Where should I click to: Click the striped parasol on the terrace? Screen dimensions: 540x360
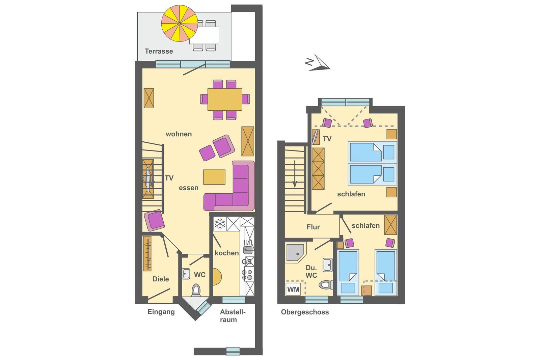tap(180, 23)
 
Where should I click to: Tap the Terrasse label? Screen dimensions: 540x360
tap(159, 51)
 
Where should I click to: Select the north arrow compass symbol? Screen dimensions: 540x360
tap(318, 63)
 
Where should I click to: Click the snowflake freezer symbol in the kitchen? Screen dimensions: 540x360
tap(220, 224)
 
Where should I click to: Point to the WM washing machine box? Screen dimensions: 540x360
tap(293, 289)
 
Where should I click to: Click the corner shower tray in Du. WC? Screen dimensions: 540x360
tap(296, 253)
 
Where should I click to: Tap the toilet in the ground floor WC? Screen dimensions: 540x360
tap(196, 290)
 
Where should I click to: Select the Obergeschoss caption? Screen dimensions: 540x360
tap(305, 312)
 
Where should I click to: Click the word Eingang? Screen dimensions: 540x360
tap(161, 312)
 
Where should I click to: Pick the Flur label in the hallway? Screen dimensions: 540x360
tap(313, 227)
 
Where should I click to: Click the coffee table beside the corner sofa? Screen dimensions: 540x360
tap(214, 177)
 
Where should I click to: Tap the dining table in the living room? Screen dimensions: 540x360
tap(225, 99)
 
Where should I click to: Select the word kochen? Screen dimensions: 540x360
tap(226, 253)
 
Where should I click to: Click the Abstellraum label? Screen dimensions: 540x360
tap(233, 316)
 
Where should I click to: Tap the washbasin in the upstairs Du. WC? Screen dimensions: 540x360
tap(328, 265)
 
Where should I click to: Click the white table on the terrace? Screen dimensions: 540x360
tap(205, 35)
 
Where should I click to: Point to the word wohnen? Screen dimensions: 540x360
tap(179, 134)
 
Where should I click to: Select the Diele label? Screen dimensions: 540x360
tap(161, 279)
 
